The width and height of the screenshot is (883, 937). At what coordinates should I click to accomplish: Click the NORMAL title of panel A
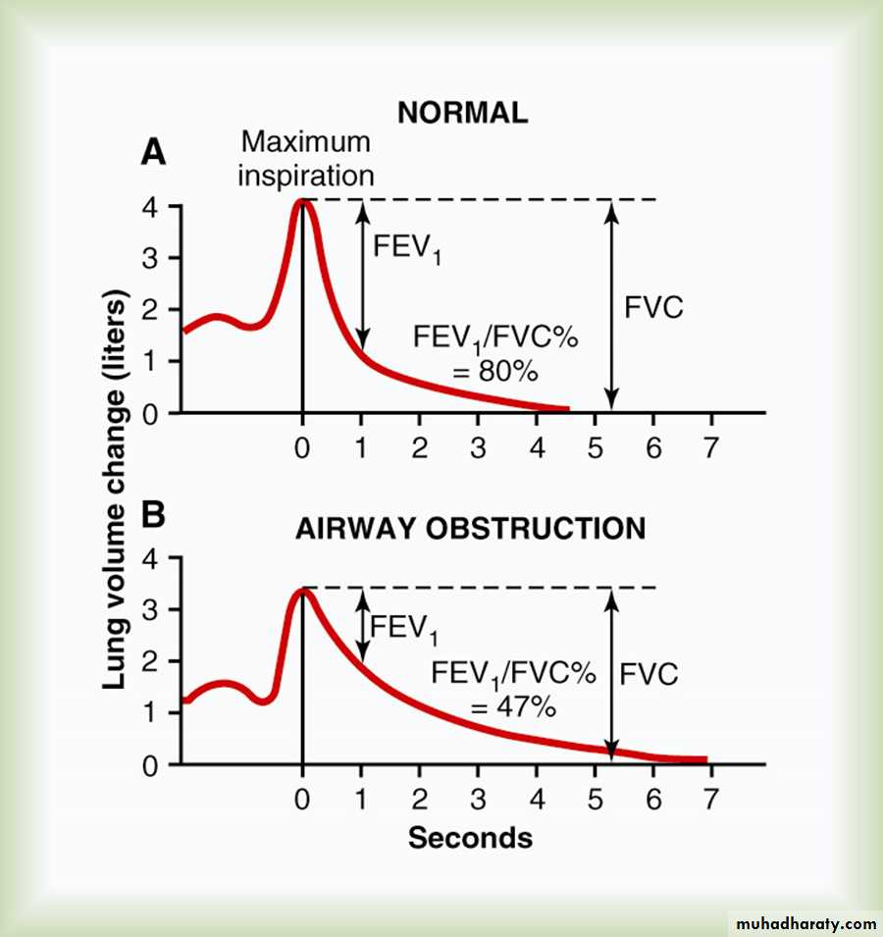point(462,112)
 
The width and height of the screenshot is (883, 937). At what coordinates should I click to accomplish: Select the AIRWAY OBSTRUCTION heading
point(471,529)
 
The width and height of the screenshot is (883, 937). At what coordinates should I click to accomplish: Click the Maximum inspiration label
point(306,158)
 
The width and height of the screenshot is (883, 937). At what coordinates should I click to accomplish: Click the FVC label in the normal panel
point(653,306)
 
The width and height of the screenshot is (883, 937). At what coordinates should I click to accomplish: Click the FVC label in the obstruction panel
point(649,675)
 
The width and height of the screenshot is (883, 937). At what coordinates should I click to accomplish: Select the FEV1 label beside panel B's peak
point(402,629)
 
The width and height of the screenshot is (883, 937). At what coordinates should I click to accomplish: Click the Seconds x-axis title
point(470,838)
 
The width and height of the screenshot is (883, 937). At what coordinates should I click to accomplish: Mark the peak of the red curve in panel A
point(303,202)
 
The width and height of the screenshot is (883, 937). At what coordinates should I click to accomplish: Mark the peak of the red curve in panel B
point(303,590)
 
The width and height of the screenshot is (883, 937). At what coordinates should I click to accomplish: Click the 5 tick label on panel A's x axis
point(595,447)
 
